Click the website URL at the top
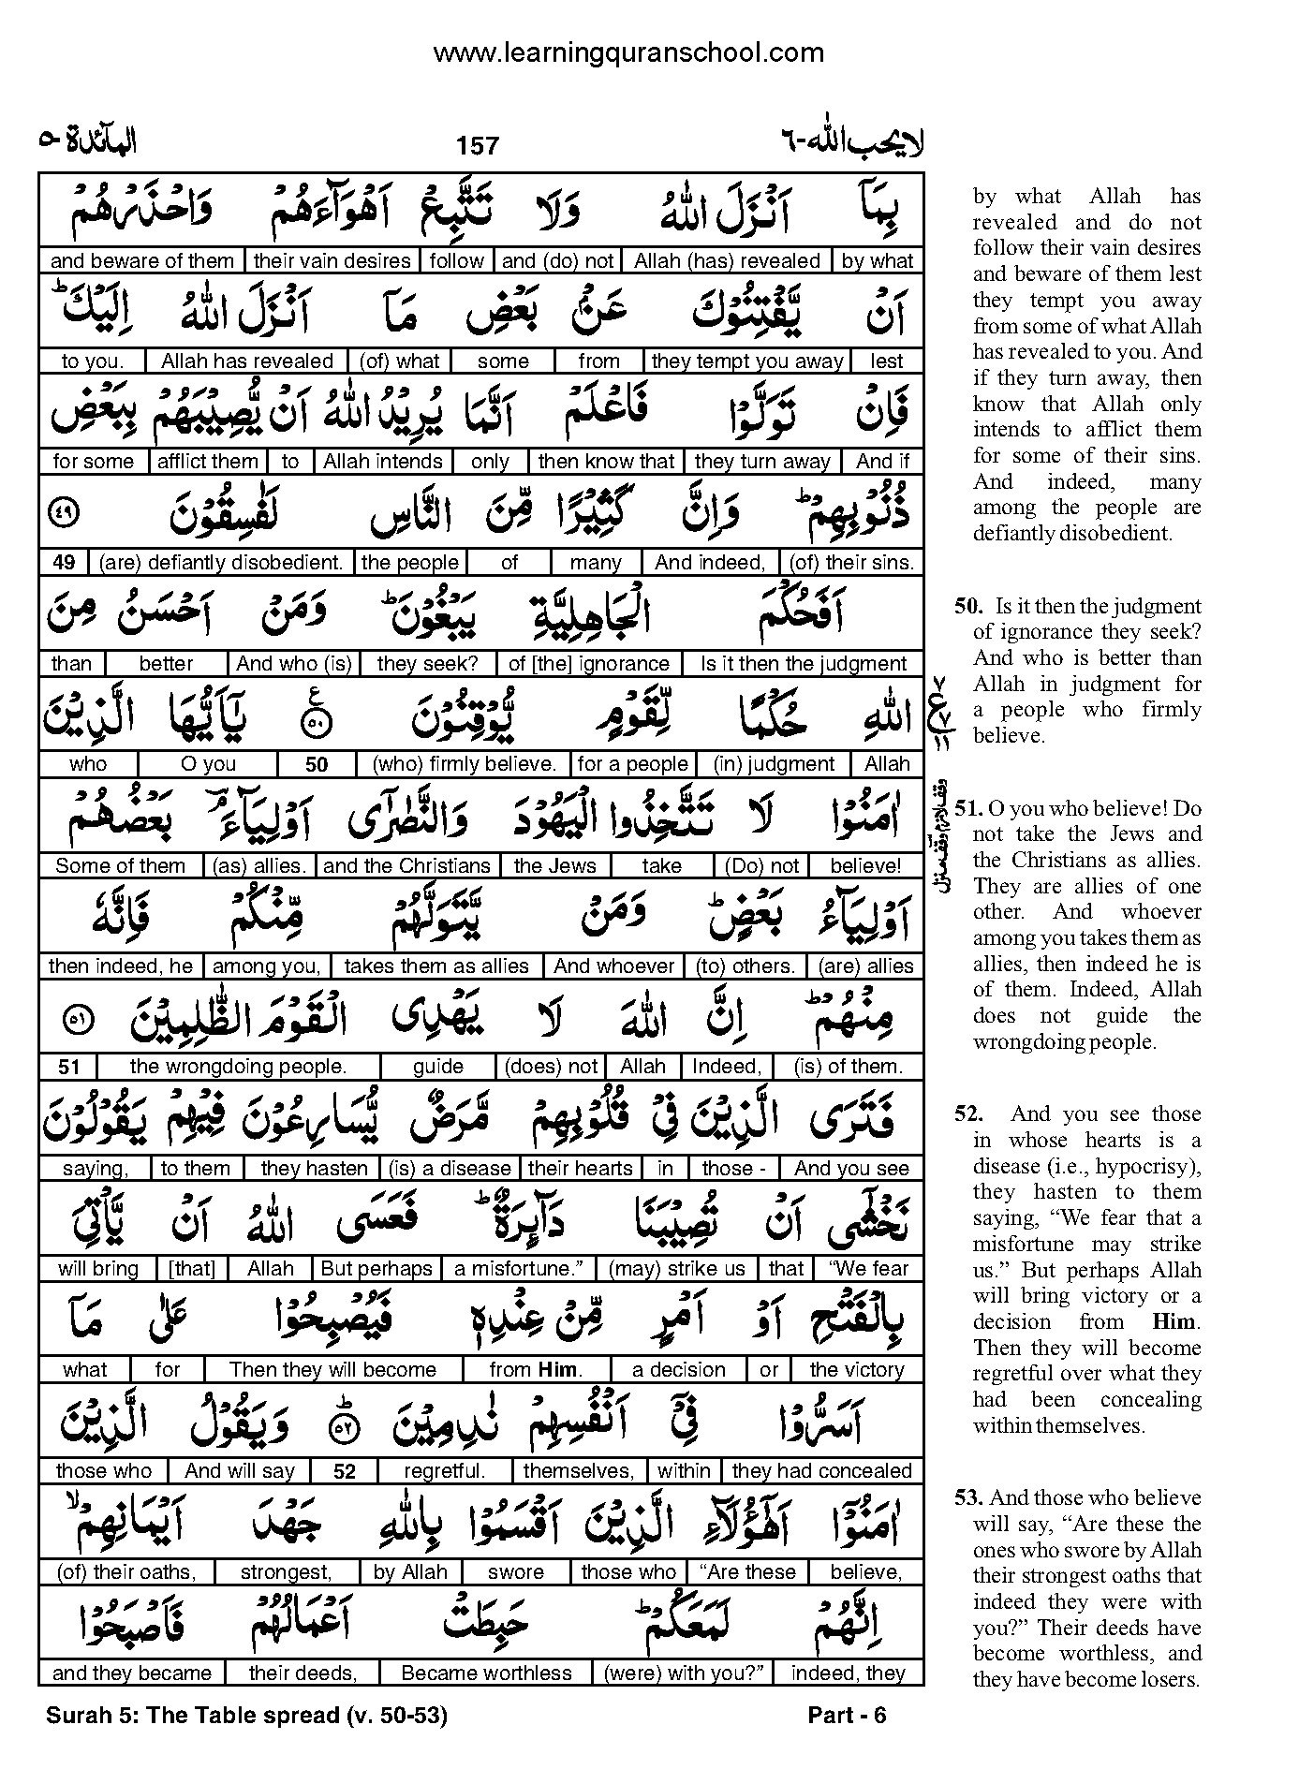628,53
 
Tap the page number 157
478,145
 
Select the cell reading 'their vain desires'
332,261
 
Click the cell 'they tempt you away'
746,361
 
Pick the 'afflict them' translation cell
208,462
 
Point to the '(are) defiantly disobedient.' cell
221,563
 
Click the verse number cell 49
64,563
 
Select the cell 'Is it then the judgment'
804,664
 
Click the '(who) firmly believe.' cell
465,764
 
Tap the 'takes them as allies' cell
436,966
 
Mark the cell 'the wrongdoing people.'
238,1067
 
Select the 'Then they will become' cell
333,1370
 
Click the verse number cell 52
345,1471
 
